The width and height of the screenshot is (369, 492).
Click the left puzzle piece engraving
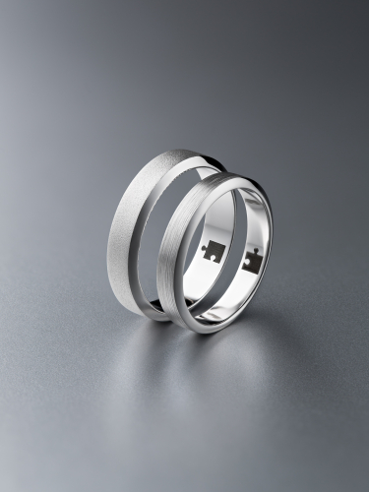click(x=211, y=251)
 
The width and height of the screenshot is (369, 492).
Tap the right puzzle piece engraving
click(x=252, y=261)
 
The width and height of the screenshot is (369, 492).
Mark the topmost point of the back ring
click(x=182, y=150)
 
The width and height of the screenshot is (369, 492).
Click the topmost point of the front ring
click(x=228, y=173)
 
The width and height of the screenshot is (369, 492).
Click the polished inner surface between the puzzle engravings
click(x=231, y=258)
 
